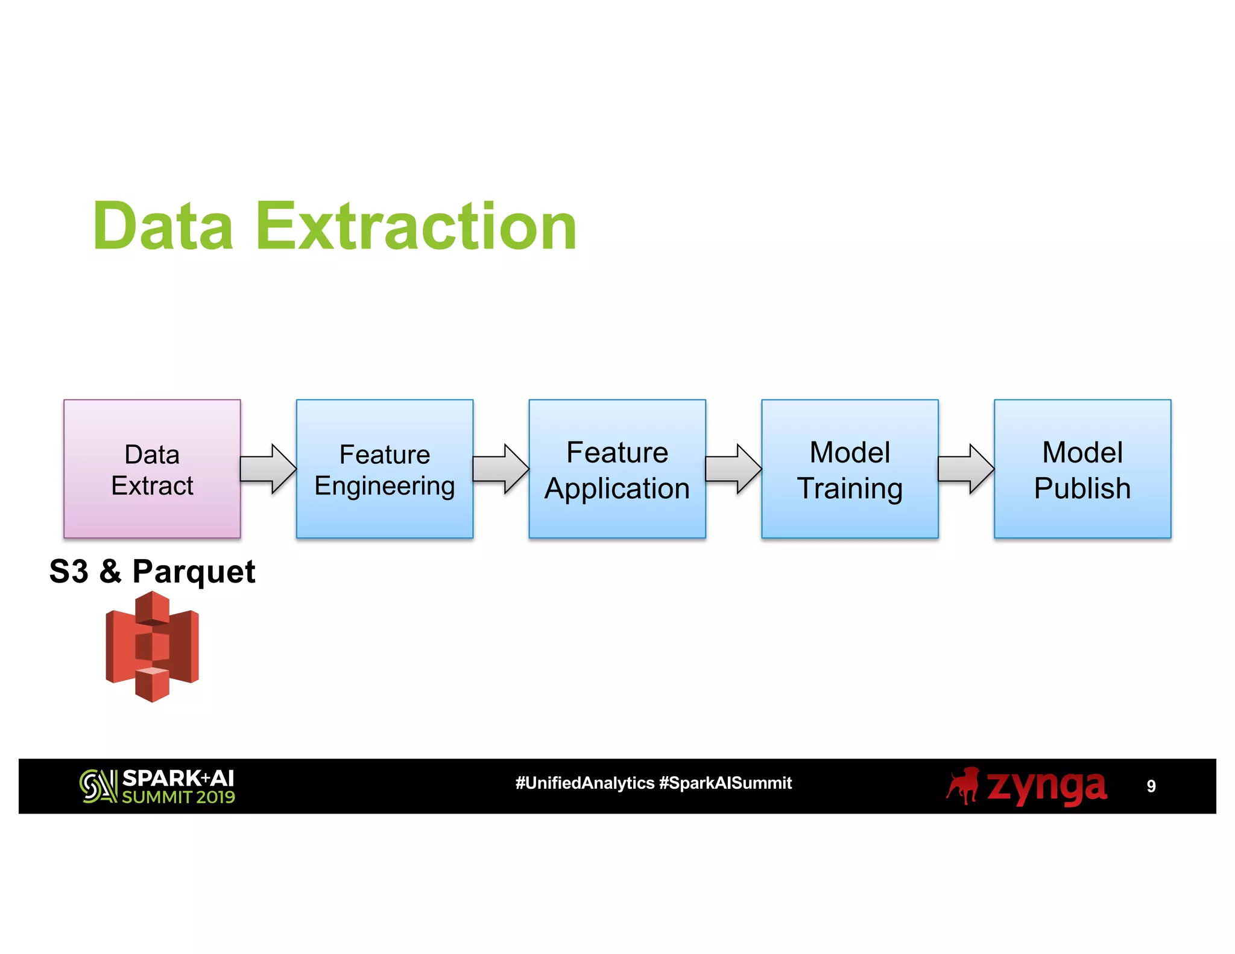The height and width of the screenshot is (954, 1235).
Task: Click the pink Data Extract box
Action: (x=152, y=469)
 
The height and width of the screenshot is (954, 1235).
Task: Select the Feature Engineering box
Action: (x=384, y=469)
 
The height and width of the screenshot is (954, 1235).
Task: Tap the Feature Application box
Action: (x=617, y=469)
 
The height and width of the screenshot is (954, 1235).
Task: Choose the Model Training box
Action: (x=850, y=469)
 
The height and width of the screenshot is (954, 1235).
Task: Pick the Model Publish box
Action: (x=1082, y=469)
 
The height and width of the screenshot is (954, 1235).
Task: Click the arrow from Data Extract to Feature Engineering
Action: (x=268, y=469)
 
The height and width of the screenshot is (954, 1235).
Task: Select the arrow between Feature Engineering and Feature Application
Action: (x=501, y=469)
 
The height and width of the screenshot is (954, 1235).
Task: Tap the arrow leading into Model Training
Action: (x=733, y=469)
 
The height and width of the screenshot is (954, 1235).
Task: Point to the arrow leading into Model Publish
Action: (x=966, y=469)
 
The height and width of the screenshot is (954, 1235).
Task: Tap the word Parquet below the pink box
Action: (x=194, y=572)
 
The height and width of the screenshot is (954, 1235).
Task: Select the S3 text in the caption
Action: (x=69, y=571)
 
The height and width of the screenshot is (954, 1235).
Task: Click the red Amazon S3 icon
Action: (x=152, y=646)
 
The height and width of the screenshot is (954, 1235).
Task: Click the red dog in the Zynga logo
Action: (x=963, y=785)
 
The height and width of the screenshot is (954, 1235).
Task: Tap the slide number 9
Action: (x=1151, y=786)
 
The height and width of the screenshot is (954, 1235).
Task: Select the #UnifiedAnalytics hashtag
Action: (x=584, y=783)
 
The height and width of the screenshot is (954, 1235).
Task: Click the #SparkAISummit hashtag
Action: (x=725, y=783)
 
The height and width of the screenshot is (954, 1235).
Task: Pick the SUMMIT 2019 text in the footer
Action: (x=178, y=797)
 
